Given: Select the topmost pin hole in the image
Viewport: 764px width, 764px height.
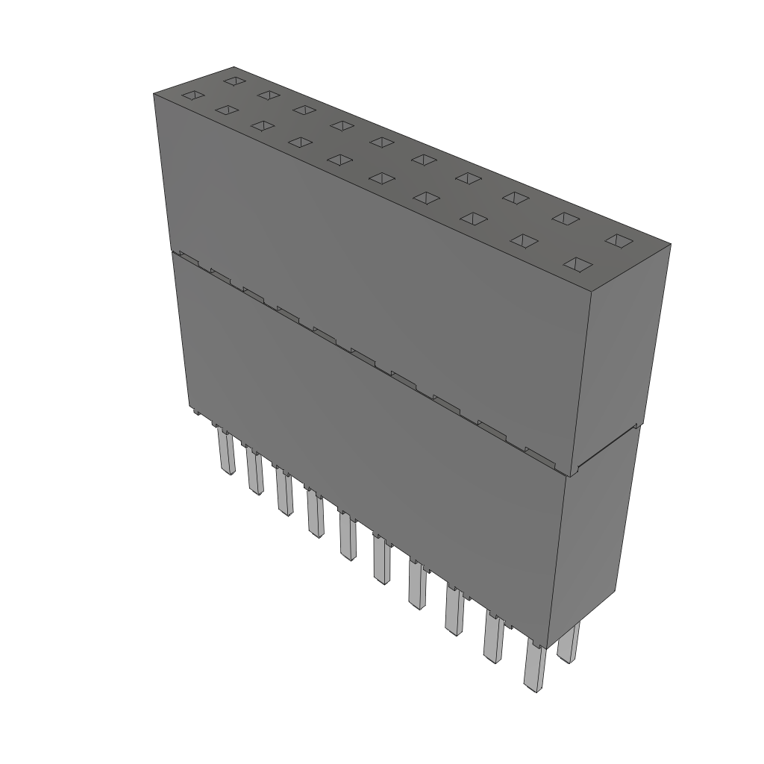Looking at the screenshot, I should click(234, 80).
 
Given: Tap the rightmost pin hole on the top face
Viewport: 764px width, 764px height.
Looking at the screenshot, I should click(618, 240).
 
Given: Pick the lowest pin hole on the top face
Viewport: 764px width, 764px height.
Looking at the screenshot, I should click(578, 264).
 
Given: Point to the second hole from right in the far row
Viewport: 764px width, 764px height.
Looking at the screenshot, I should click(566, 218).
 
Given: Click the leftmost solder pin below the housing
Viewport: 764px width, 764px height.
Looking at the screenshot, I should click(225, 451).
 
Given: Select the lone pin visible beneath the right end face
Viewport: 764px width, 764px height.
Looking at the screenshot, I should click(569, 642).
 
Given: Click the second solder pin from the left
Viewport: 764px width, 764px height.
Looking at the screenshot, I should click(254, 471).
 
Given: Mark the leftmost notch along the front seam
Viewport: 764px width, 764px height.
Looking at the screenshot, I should click(188, 258).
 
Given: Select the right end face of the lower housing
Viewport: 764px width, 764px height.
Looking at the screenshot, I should click(594, 537).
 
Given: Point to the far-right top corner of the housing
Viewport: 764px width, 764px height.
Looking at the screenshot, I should click(670, 244).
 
